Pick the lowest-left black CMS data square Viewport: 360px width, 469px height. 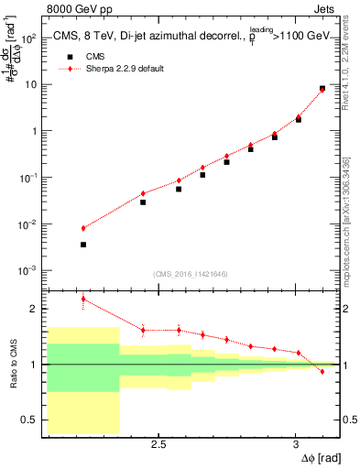click(83, 245)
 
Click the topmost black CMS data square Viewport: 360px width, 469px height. click(322, 89)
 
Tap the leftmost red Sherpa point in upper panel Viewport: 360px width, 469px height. click(83, 228)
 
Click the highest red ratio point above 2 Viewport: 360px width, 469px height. click(83, 299)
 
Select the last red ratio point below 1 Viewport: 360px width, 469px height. click(322, 371)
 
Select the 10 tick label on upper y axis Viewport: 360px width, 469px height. click(32, 84)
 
